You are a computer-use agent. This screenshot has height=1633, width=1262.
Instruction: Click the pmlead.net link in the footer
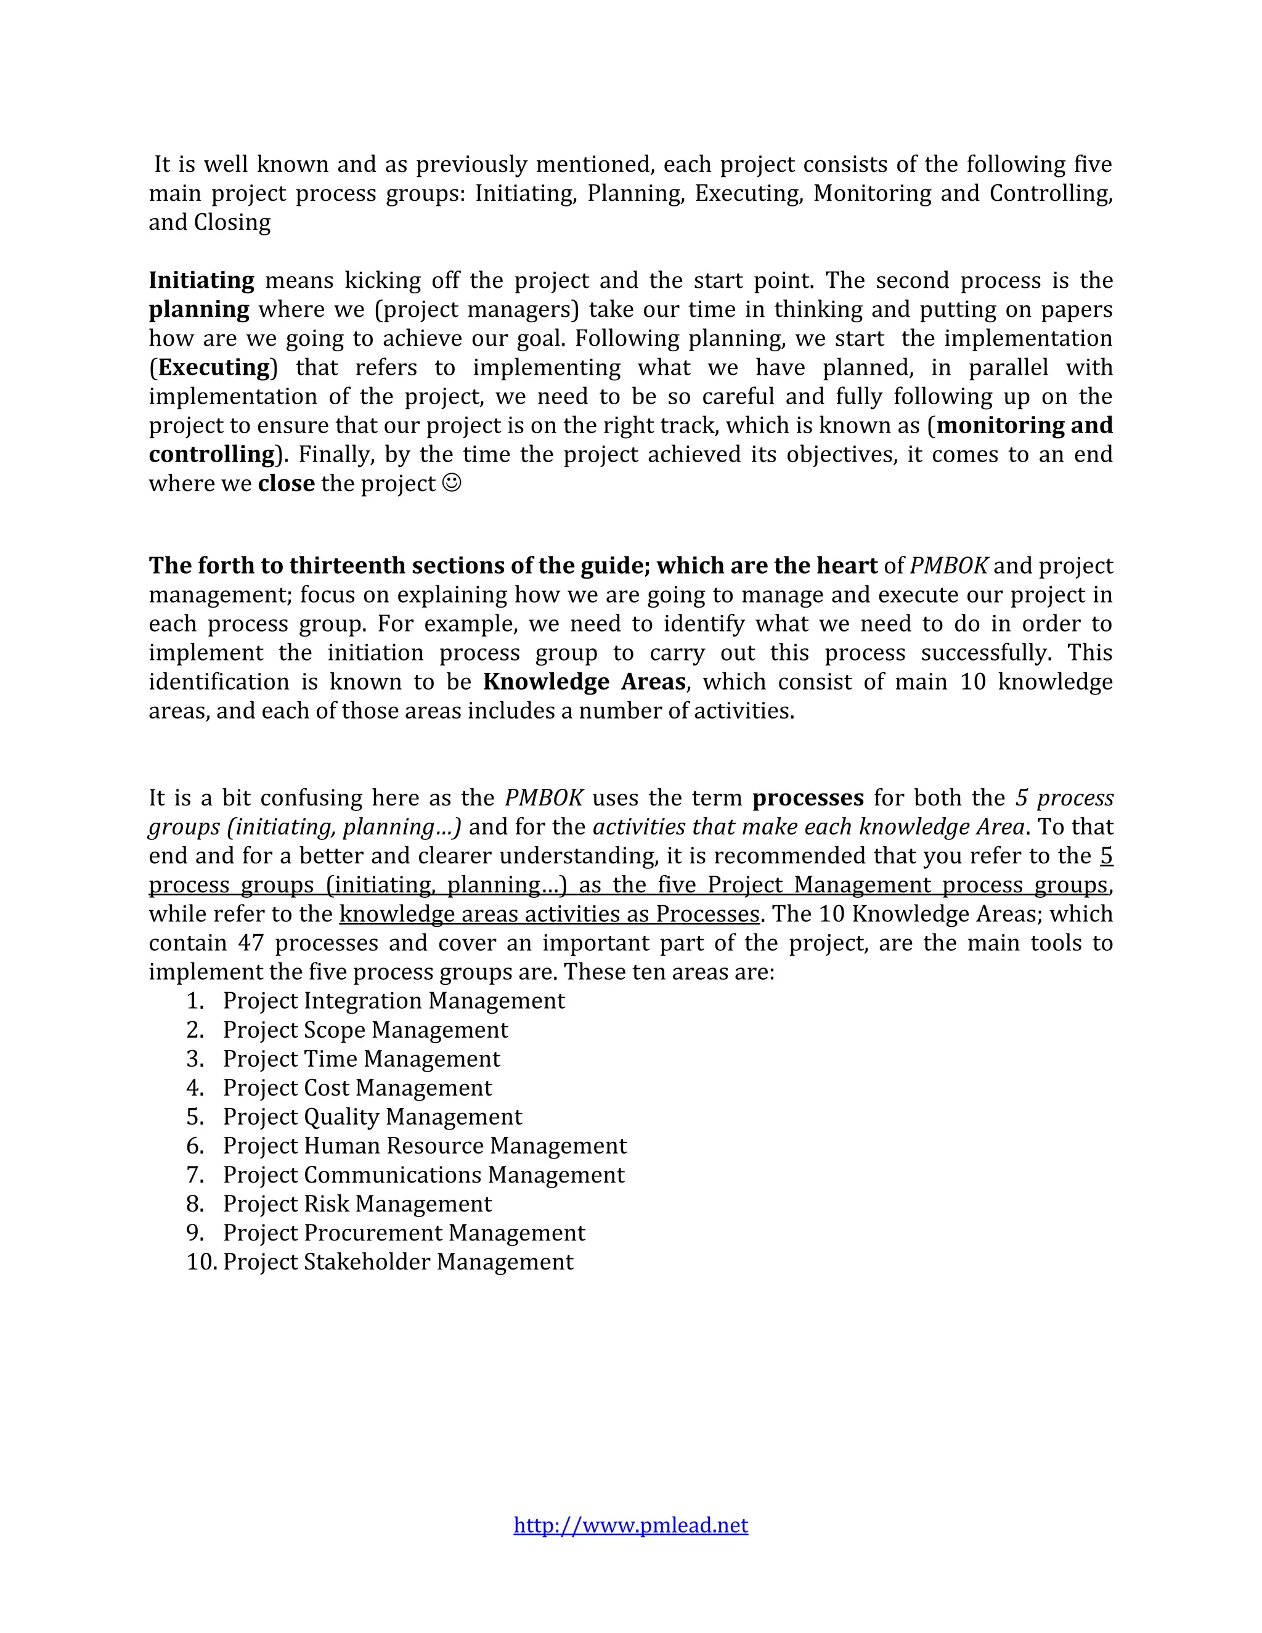click(630, 1525)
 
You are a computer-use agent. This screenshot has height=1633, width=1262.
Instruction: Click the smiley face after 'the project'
click(452, 483)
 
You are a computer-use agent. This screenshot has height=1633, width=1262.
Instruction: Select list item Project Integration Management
click(393, 1000)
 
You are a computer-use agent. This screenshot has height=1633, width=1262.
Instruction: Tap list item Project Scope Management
click(365, 1030)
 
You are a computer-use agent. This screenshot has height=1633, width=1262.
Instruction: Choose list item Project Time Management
click(361, 1059)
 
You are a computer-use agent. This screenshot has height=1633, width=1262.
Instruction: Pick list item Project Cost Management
click(357, 1087)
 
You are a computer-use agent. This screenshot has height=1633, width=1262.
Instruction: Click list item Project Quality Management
click(372, 1117)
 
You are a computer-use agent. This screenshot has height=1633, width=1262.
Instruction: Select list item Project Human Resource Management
click(425, 1146)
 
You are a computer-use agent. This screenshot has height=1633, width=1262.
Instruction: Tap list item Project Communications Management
click(423, 1175)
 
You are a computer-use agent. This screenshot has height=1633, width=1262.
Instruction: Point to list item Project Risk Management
click(357, 1204)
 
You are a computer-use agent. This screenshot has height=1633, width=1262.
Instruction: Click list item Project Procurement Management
click(404, 1232)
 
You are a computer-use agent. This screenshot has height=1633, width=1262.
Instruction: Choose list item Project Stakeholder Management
click(397, 1261)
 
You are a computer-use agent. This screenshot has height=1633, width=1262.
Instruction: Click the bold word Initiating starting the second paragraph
click(201, 280)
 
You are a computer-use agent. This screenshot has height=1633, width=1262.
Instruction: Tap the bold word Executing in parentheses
click(214, 367)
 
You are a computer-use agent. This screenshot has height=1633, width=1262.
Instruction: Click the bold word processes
click(807, 798)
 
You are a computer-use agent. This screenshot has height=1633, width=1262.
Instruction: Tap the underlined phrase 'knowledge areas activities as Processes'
click(549, 914)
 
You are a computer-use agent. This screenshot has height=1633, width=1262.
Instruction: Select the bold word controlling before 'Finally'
click(211, 455)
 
